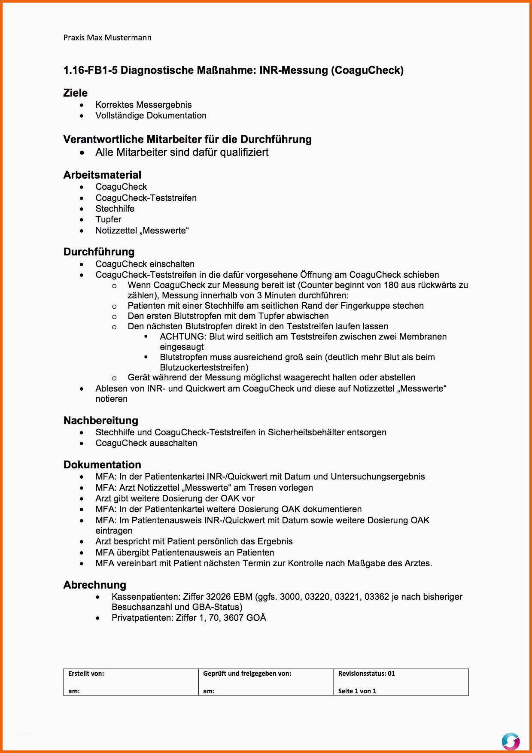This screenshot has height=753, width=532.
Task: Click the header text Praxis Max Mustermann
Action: pyautogui.click(x=107, y=38)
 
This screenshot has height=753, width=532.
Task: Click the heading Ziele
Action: pyautogui.click(x=75, y=93)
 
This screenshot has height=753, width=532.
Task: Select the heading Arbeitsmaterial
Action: pyautogui.click(x=102, y=175)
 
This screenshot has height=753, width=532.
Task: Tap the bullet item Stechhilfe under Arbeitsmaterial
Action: pyautogui.click(x=115, y=209)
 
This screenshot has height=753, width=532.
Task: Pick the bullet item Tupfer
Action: pyautogui.click(x=108, y=219)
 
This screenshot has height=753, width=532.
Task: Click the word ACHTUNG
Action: pyautogui.click(x=182, y=337)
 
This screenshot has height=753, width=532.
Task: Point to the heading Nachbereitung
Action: pyautogui.click(x=101, y=421)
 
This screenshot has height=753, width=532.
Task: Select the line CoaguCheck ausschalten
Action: pyautogui.click(x=146, y=443)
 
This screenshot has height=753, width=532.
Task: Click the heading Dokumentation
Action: pyautogui.click(x=102, y=465)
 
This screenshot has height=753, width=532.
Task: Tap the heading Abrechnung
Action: pyautogui.click(x=95, y=585)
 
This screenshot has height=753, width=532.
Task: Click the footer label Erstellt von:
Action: pyautogui.click(x=86, y=674)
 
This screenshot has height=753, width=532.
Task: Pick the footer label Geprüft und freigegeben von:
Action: pyautogui.click(x=247, y=674)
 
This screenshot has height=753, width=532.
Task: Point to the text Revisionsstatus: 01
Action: pyautogui.click(x=366, y=674)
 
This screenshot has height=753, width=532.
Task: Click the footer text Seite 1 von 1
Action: pyautogui.click(x=357, y=691)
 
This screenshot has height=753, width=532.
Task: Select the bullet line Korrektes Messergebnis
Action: pyautogui.click(x=143, y=105)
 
